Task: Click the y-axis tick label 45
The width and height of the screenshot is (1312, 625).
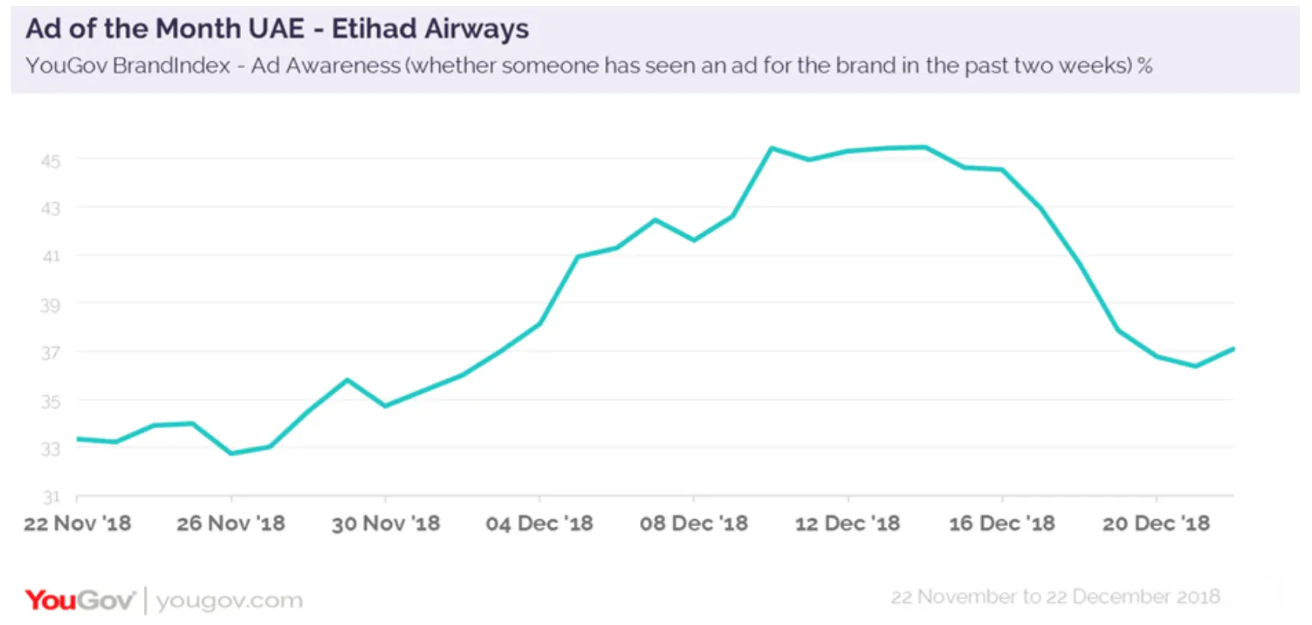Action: (x=51, y=161)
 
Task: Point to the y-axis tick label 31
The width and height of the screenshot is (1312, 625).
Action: (x=51, y=497)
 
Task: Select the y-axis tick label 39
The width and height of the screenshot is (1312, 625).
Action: (x=51, y=306)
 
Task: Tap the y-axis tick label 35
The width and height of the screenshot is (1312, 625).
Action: (x=51, y=401)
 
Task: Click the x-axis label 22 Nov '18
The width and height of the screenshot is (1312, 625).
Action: (x=77, y=524)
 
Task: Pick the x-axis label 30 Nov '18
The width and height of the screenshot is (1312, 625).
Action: (x=386, y=524)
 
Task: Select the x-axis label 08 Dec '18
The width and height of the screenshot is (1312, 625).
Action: (x=694, y=524)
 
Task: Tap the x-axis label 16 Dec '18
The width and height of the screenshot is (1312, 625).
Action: (x=1002, y=524)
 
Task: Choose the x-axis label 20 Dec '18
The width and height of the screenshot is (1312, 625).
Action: (x=1156, y=524)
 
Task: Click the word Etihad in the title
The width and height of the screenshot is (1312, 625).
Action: (x=374, y=29)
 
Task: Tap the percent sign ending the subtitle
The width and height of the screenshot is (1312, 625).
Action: (x=1144, y=66)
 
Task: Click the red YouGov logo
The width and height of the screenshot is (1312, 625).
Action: (x=80, y=600)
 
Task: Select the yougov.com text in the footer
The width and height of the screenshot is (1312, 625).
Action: (x=230, y=600)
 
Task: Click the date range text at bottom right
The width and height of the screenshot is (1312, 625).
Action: (x=1055, y=597)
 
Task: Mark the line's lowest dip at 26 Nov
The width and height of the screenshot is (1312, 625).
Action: (x=231, y=453)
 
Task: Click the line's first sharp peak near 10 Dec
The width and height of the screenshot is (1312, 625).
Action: (x=772, y=148)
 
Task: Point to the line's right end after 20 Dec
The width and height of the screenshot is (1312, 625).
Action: (x=1232, y=349)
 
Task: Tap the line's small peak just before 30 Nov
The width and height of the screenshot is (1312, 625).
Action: (x=348, y=380)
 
